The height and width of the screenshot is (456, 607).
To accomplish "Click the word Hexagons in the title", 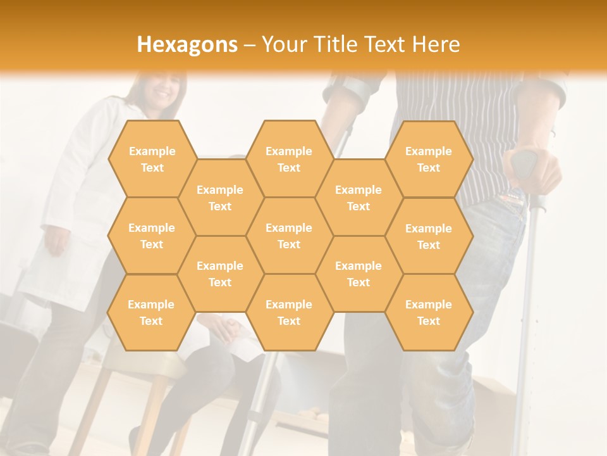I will click(187, 44).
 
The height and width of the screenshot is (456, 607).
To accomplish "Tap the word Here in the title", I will click(436, 44).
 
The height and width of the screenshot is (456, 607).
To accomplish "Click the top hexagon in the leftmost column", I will click(152, 159).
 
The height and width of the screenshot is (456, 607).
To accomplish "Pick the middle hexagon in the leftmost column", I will click(152, 236).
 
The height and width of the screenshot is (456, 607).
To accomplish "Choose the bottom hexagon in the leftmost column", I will click(152, 312).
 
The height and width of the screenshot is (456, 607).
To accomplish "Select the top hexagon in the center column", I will click(289, 159).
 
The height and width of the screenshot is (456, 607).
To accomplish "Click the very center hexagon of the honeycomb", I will click(289, 236).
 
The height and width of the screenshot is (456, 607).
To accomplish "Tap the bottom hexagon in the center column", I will click(289, 312).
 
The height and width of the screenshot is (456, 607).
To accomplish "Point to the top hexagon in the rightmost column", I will click(429, 159).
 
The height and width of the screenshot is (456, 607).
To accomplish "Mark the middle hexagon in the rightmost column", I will click(429, 236).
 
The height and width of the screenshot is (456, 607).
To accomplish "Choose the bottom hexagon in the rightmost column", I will click(429, 312).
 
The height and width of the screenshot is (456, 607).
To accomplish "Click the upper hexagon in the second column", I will click(220, 198).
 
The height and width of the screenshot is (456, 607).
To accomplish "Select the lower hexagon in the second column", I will click(220, 274).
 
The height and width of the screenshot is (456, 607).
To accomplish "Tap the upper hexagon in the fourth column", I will click(359, 198).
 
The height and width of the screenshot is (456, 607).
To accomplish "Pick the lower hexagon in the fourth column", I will click(359, 274).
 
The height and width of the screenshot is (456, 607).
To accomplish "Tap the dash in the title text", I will click(250, 45).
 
